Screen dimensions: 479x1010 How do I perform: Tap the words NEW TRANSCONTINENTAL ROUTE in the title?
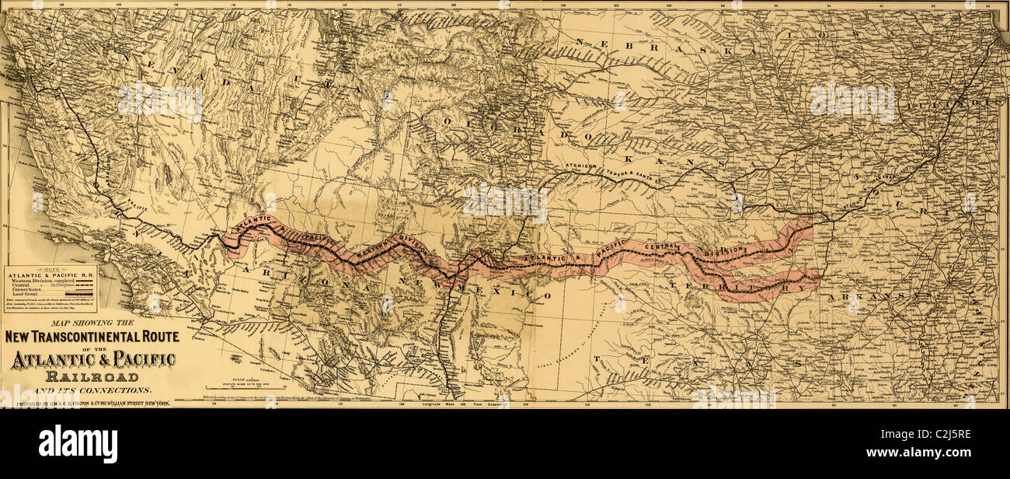click(92, 337)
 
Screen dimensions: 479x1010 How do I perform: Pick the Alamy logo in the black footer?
click(78, 444)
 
